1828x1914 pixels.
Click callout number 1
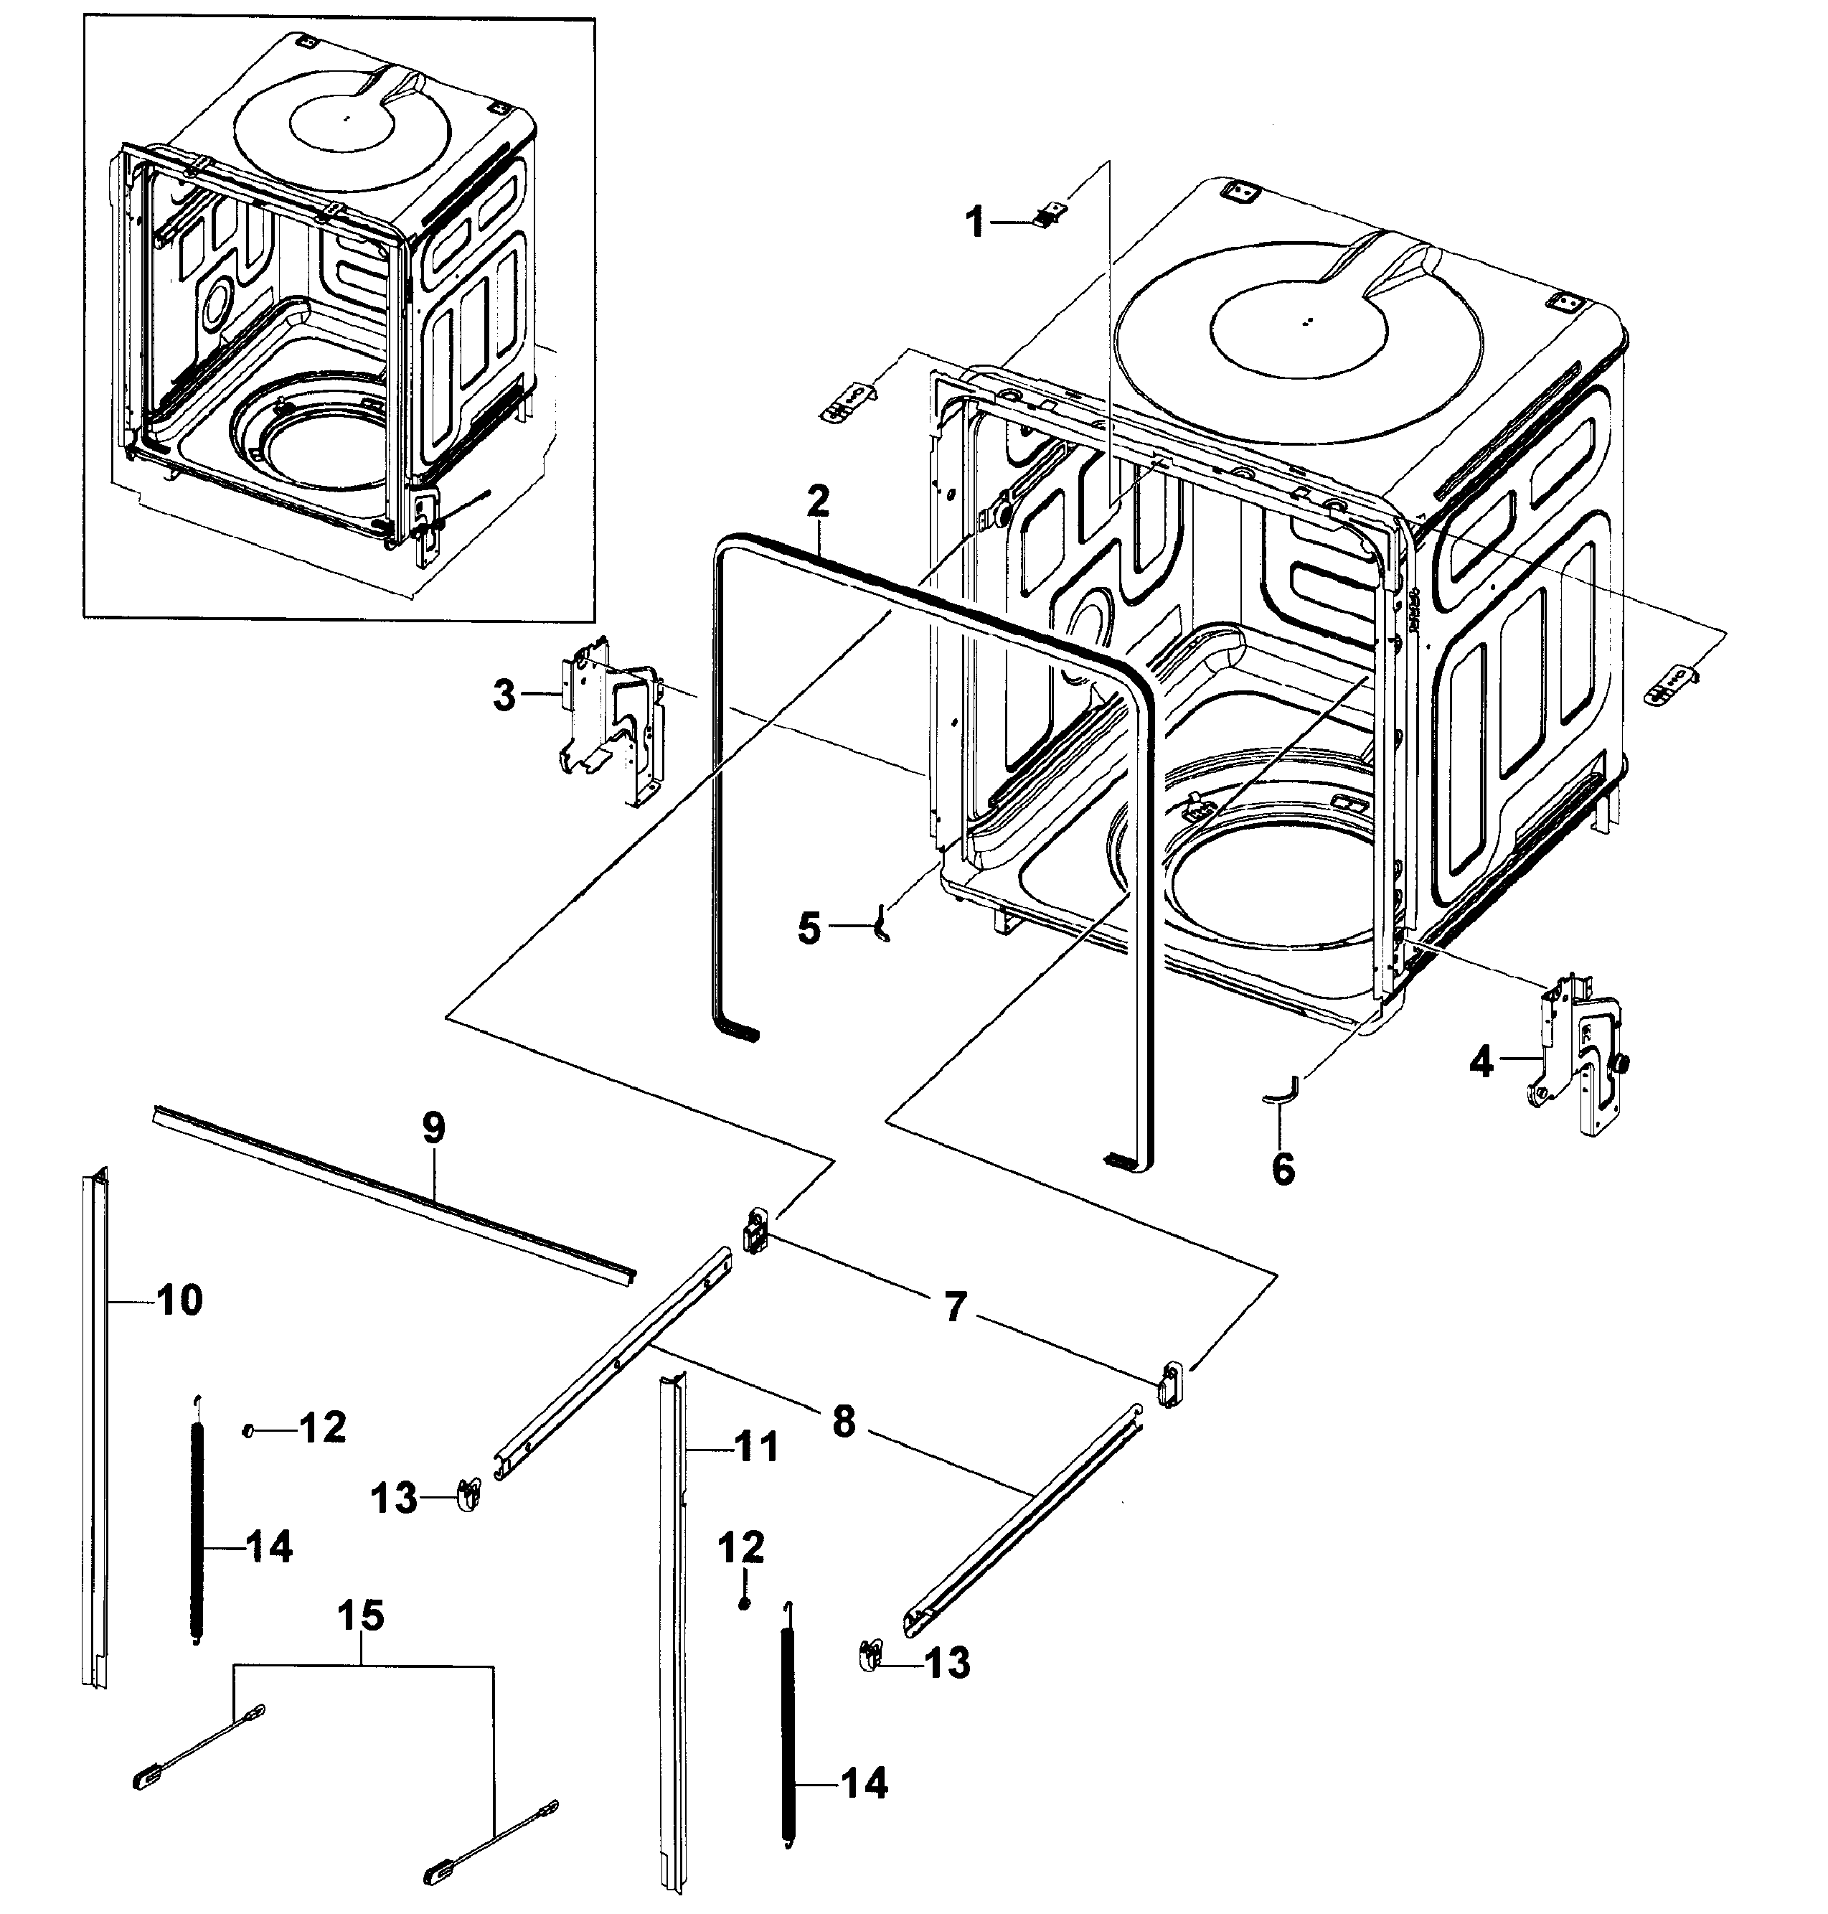974,223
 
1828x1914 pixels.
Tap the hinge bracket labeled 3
611,721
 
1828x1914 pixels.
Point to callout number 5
809,928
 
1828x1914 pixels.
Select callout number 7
955,1307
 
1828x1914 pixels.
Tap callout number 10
179,1299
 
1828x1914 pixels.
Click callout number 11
756,1446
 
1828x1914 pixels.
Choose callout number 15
361,1615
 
